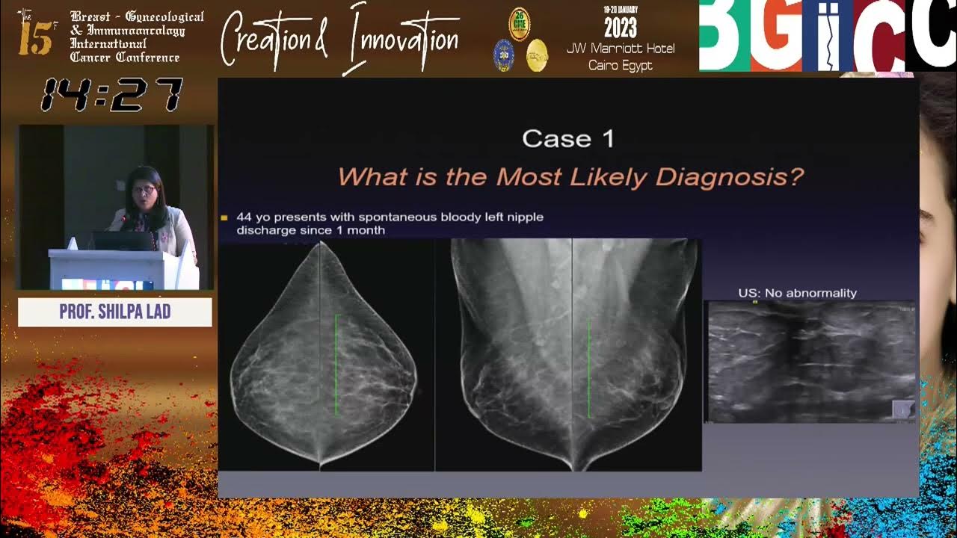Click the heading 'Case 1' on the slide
(568, 139)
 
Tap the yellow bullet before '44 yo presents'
(224, 217)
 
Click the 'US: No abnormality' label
(797, 293)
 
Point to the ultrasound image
(810, 362)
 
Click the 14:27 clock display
(111, 96)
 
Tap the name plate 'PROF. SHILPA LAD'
(114, 312)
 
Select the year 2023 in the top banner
(620, 28)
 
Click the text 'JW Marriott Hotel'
(621, 49)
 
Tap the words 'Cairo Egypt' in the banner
(621, 65)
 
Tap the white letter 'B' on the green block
(723, 36)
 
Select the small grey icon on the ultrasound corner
(902, 409)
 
